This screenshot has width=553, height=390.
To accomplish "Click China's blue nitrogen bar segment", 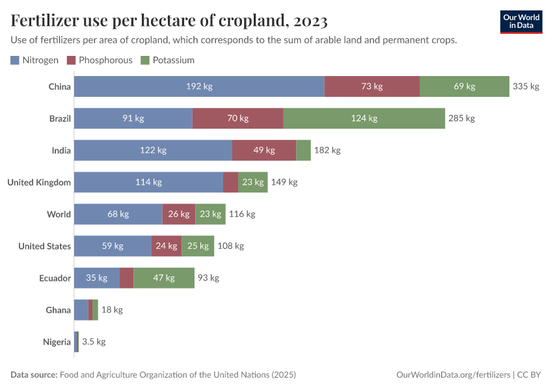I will pyautogui.click(x=199, y=86).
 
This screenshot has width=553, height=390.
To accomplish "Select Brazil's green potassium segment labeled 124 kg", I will pyautogui.click(x=364, y=118).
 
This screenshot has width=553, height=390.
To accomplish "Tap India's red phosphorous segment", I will pyautogui.click(x=264, y=150).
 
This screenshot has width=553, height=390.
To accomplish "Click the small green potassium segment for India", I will pyautogui.click(x=303, y=150).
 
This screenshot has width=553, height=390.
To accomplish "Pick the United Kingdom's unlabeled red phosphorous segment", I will pyautogui.click(x=230, y=182).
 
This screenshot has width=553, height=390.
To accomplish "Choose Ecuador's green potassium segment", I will pyautogui.click(x=163, y=278).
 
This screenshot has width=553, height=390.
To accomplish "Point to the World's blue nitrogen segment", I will pyautogui.click(x=118, y=214).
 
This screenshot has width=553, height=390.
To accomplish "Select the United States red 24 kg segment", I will pyautogui.click(x=166, y=246).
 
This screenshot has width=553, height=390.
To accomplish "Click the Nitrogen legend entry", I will pyautogui.click(x=35, y=60).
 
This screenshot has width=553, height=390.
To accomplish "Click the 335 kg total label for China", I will pyautogui.click(x=526, y=86).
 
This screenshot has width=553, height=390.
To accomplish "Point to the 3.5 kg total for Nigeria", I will pyautogui.click(x=94, y=341).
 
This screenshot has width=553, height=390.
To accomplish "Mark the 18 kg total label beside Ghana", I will pyautogui.click(x=112, y=309).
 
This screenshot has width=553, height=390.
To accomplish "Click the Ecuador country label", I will pyautogui.click(x=55, y=278).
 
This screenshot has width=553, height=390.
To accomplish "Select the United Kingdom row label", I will pyautogui.click(x=39, y=182).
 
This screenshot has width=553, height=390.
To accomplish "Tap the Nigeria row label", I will pyautogui.click(x=57, y=341).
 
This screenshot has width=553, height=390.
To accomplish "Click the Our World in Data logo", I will pyautogui.click(x=520, y=21).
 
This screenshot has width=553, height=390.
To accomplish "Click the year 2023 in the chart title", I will pyautogui.click(x=310, y=21).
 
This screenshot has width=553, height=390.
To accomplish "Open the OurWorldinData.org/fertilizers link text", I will pyautogui.click(x=453, y=375).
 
